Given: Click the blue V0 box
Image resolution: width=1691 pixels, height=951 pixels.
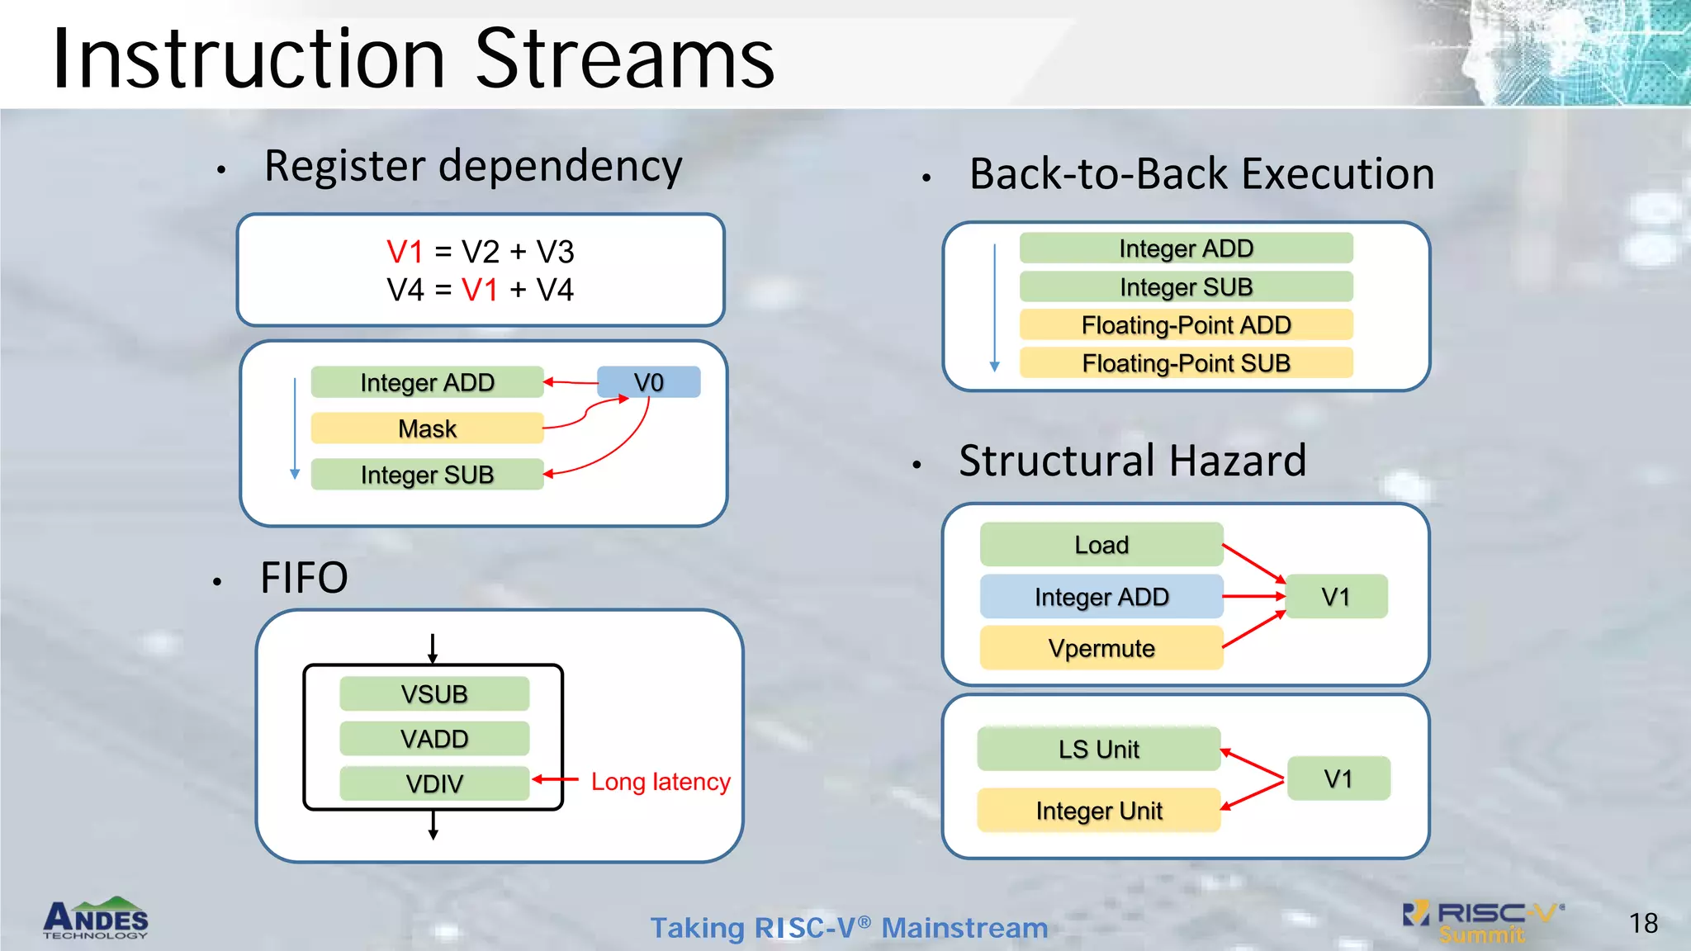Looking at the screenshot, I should (x=649, y=382).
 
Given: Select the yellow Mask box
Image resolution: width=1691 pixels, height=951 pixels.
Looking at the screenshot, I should (x=427, y=428).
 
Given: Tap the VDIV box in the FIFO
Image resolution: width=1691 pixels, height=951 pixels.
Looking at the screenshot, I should (x=434, y=783).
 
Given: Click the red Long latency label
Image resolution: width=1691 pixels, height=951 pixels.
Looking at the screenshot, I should (x=661, y=781).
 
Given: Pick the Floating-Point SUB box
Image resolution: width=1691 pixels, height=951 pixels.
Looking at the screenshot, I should (x=1186, y=363).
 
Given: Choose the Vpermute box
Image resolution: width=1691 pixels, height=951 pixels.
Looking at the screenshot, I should (x=1101, y=648).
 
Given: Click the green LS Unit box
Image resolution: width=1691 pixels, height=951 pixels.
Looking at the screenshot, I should (x=1098, y=749).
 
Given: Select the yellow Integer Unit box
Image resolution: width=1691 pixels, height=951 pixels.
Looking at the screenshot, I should (x=1098, y=811).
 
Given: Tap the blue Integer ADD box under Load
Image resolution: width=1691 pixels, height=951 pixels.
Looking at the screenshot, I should (x=1101, y=596).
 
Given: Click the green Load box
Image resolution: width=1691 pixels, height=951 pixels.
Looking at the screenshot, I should (x=1101, y=545).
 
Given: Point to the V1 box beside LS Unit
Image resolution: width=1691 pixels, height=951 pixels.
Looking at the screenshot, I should (x=1338, y=778).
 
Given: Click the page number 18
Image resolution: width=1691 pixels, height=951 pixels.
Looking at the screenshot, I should (x=1643, y=923).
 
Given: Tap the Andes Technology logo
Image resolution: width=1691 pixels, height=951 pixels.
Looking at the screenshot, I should (x=96, y=918).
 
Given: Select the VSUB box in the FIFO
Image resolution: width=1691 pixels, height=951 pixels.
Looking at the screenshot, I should (x=434, y=693).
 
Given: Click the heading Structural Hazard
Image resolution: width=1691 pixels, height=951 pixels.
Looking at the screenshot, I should (x=1132, y=461).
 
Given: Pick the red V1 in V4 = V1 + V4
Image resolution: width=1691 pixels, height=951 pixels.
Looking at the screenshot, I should (x=480, y=290).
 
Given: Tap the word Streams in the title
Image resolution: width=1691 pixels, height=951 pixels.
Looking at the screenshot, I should (x=625, y=59).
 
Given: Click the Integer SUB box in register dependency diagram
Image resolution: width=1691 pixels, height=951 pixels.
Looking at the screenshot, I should (x=427, y=475).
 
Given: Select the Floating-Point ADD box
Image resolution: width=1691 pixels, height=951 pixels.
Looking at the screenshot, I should (x=1186, y=324).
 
